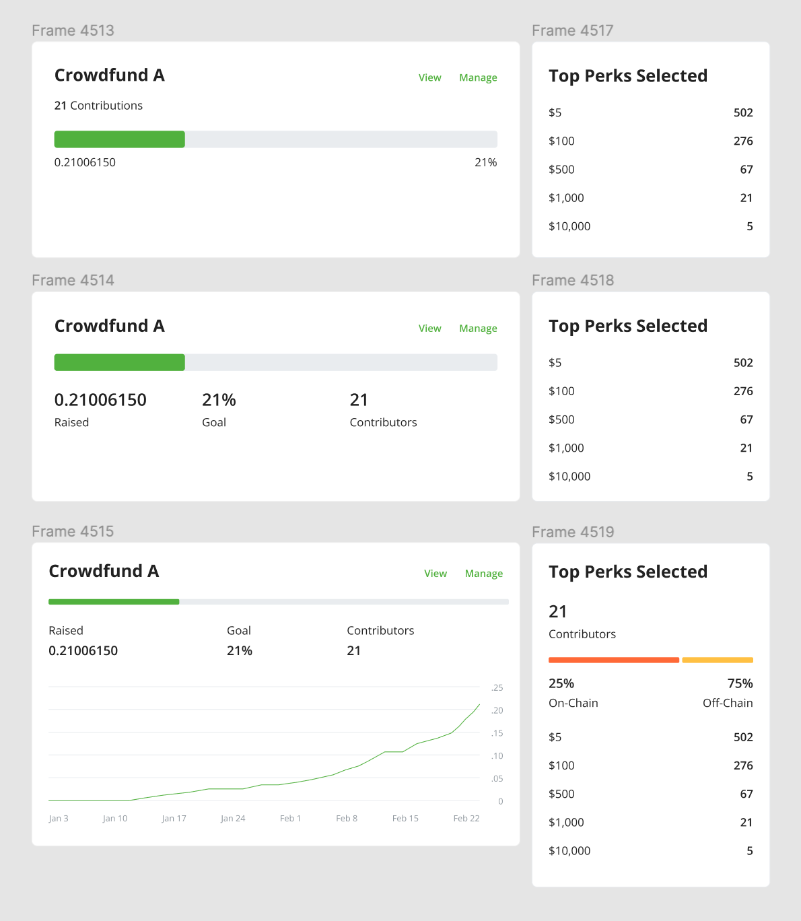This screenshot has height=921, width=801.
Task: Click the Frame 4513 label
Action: [73, 30]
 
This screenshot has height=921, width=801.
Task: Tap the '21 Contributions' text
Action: [98, 106]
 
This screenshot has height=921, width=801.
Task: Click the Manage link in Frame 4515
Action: [483, 574]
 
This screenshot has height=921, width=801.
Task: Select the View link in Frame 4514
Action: [429, 329]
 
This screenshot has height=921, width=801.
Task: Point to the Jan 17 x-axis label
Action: [174, 819]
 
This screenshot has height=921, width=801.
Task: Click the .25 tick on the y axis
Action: [497, 688]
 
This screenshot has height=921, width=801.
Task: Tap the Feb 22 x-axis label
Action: [466, 819]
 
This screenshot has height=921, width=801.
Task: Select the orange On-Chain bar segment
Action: [613, 660]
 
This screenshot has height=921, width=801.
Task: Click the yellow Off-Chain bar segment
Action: [717, 660]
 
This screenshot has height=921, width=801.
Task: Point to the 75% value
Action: [740, 683]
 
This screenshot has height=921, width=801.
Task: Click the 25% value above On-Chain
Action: [561, 683]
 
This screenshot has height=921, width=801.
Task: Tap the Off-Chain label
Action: [728, 703]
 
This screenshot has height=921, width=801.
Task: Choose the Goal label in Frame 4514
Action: [214, 423]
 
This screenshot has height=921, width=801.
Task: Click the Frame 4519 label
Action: [573, 532]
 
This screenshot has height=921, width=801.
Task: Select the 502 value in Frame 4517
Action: [743, 113]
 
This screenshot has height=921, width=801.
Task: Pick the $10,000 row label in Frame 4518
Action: [569, 477]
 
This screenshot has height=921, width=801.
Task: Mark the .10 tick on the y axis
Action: [497, 756]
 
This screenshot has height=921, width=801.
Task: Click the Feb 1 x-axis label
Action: [290, 819]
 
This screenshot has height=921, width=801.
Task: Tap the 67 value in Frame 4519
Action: [746, 794]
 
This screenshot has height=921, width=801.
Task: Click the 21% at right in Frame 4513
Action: [485, 163]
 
